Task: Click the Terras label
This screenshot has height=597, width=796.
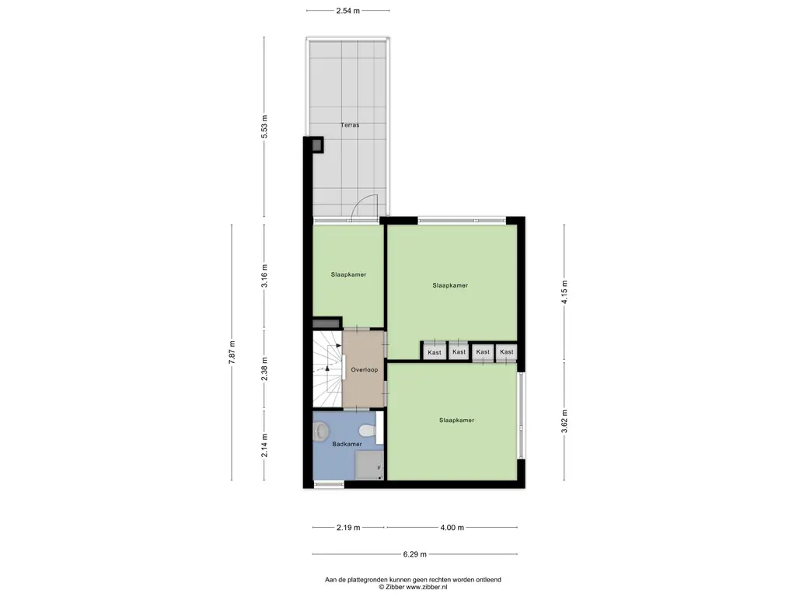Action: coord(350,124)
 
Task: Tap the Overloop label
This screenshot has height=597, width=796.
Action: coord(365,369)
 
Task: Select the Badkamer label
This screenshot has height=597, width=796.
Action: coord(347,444)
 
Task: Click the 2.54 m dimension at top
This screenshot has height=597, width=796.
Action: coord(347,11)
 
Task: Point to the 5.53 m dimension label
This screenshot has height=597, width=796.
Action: coord(264,127)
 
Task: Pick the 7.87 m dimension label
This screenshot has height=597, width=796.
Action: coord(232,352)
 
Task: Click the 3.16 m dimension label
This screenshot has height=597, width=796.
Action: coord(264,276)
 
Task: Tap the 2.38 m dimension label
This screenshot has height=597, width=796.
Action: coord(264,369)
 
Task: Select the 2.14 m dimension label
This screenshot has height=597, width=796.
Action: coord(264,445)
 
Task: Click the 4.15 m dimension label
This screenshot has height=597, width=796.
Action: coord(564,292)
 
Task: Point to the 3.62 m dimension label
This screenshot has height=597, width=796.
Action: coord(564,421)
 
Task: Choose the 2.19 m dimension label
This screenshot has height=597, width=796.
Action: coord(348,528)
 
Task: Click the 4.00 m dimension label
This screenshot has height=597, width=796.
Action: coord(452,528)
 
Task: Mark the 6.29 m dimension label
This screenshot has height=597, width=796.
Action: coord(415,554)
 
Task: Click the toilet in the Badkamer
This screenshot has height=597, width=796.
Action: coord(368,431)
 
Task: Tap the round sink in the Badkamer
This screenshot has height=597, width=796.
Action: coord(321,432)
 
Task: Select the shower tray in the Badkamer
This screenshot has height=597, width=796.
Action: coord(369,466)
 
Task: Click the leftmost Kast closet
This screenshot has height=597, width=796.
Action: coord(435,351)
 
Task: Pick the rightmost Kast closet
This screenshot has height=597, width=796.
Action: coord(506,352)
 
